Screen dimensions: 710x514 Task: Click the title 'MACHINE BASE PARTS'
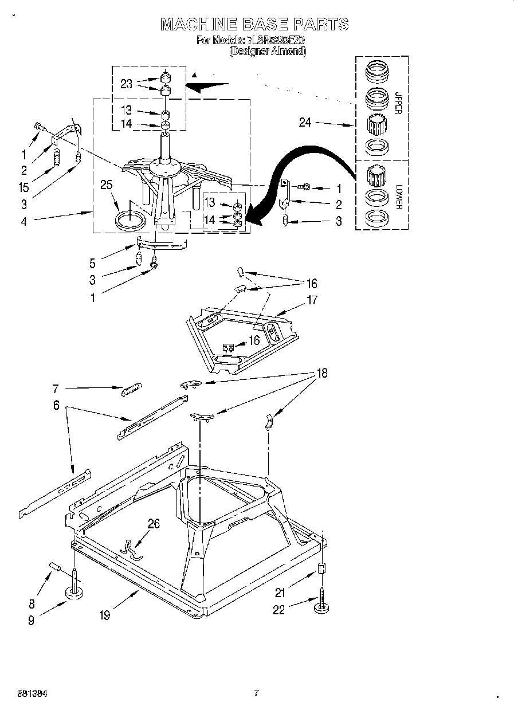pos(254,24)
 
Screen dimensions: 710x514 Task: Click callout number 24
pos(305,122)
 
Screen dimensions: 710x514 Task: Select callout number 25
pos(105,185)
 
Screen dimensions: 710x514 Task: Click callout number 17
pos(312,300)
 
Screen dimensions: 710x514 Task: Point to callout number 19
pos(104,615)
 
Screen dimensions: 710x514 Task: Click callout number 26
pos(153,523)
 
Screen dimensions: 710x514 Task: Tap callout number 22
pos(278,610)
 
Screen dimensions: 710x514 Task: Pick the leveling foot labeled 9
pos(74,591)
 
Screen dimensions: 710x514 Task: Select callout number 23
pos(127,84)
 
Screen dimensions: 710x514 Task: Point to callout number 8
pos(32,603)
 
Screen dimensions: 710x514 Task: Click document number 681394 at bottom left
pos(24,693)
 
